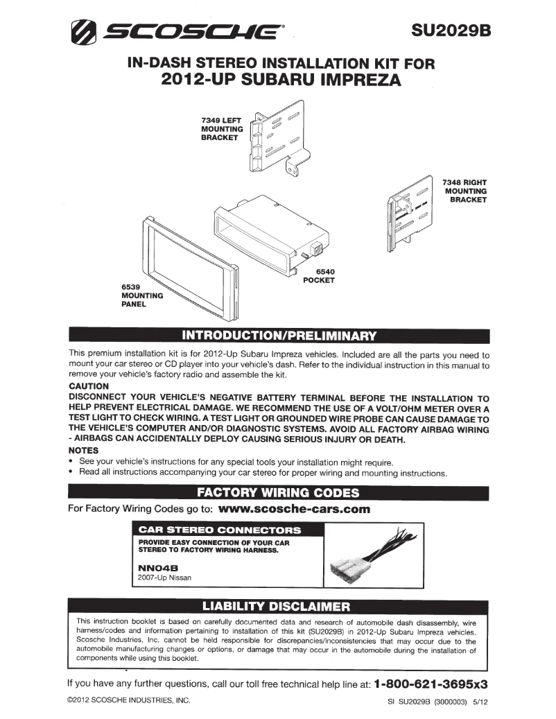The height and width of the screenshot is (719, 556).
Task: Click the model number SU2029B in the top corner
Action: click(450, 31)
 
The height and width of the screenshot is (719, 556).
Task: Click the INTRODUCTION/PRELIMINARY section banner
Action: click(278, 336)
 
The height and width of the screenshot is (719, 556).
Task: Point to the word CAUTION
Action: click(89, 386)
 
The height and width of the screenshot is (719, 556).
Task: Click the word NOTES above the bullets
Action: click(83, 450)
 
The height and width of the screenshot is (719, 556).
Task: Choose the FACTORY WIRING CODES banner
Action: click(278, 493)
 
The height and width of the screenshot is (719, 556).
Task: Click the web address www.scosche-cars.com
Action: click(294, 509)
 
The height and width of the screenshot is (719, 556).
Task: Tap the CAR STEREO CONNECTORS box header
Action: click(220, 530)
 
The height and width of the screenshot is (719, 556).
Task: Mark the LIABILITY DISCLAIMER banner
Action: click(278, 607)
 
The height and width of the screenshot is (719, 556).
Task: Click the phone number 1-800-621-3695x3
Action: click(431, 683)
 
